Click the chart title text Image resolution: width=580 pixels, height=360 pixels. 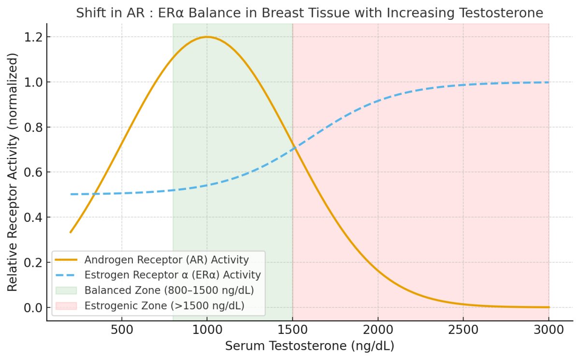pos(309,13)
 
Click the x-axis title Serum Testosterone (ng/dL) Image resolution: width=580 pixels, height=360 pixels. pos(309,346)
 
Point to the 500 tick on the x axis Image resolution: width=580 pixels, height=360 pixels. pos(122,332)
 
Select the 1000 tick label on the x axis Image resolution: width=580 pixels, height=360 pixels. pos(207,332)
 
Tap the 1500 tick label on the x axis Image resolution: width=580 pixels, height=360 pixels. pos(292,332)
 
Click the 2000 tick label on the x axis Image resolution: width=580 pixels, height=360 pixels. pos(378,332)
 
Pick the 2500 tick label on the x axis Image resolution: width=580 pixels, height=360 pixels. pos(463,332)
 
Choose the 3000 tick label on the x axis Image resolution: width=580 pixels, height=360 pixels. pos(549,332)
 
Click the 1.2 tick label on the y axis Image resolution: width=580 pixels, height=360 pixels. pos(32,37)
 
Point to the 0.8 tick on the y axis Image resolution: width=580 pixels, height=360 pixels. pos(32,128)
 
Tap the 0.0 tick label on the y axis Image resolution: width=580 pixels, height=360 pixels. pos(32,308)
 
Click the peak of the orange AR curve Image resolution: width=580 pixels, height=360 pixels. pos(207,37)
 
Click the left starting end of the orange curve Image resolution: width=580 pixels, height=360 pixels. pos(71,232)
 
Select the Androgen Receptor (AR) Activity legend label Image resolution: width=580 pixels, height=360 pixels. pos(166,259)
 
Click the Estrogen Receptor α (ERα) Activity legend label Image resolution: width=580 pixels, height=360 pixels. pos(173,275)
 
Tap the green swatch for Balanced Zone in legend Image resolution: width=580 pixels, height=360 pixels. pos(66,290)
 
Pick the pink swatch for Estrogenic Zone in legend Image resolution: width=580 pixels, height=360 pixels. pos(66,306)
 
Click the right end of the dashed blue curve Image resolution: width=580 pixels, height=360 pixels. pos(549,82)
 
